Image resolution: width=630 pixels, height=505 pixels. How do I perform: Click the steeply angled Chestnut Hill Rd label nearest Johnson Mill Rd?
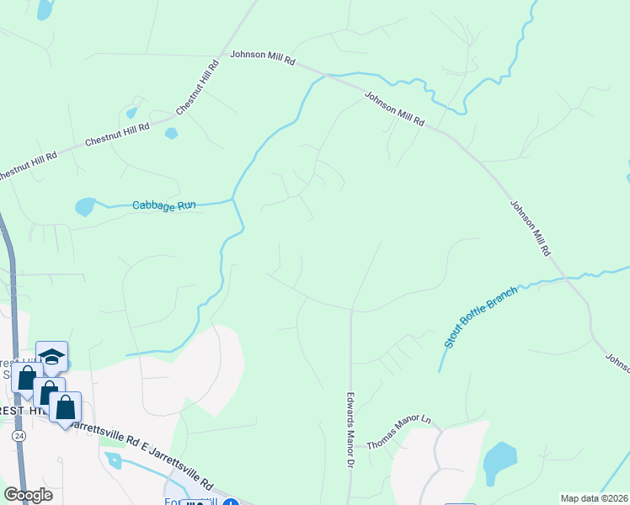pos(198,88)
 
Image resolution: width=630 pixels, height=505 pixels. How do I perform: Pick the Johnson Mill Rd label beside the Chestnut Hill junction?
pos(263,61)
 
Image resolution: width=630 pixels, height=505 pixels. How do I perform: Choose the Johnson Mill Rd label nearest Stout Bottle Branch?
pos(530,227)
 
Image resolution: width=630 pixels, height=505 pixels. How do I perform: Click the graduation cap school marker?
pos(51,357)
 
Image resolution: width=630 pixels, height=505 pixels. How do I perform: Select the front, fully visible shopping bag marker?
pos(65,407)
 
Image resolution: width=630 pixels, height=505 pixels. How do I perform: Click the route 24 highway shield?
pos(18,436)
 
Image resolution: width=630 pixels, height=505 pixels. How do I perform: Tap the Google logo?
pos(28,495)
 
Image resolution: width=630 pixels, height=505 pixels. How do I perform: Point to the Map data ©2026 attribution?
pos(595,498)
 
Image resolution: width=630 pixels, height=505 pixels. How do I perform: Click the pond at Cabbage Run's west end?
pos(86,206)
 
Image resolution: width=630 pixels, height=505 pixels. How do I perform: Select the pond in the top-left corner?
pos(44,9)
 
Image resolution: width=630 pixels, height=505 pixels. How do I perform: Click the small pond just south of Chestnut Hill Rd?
pos(172,133)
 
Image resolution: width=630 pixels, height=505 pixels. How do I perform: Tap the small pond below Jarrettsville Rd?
pos(114,460)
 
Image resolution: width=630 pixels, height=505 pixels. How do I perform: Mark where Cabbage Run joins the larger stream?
pos(233,200)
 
